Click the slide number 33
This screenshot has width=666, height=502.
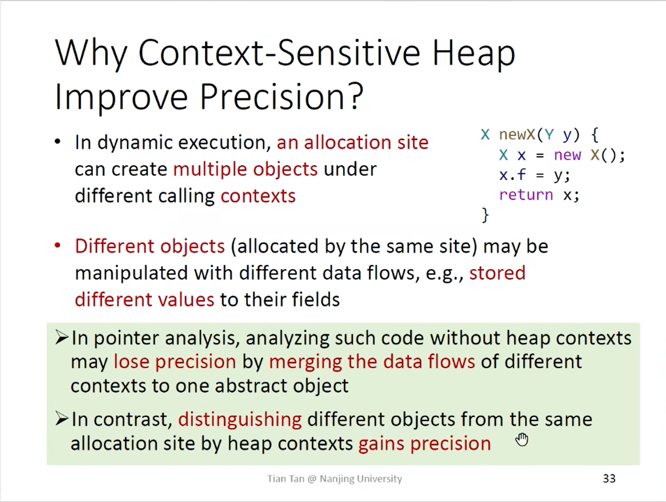click(609, 479)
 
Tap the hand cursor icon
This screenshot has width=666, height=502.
click(522, 440)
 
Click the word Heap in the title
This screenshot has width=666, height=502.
click(473, 54)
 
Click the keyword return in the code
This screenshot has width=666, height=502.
click(526, 195)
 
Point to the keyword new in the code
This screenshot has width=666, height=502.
click(567, 155)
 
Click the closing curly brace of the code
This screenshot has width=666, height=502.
click(485, 215)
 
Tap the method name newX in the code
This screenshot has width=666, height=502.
click(517, 134)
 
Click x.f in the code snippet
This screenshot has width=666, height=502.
click(513, 175)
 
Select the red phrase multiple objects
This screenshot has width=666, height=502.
click(245, 169)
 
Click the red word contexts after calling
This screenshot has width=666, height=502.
click(258, 196)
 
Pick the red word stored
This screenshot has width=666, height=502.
click(497, 273)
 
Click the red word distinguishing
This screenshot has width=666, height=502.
click(240, 420)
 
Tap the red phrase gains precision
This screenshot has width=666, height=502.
click(425, 444)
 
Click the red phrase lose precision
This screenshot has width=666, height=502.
click(174, 362)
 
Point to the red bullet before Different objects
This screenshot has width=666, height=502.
click(57, 245)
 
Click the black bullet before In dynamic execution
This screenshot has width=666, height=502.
click(57, 142)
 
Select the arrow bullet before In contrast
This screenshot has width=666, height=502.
click(62, 419)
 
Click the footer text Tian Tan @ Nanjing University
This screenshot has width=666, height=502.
click(334, 479)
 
